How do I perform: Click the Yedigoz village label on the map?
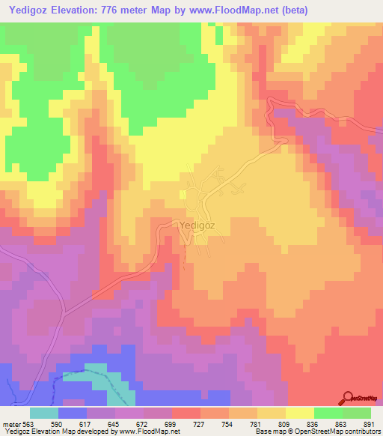[199, 224]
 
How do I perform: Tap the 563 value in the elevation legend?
[27, 423]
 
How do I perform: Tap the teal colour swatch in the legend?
[44, 413]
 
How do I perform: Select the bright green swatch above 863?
[328, 413]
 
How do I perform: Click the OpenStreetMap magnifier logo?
[349, 399]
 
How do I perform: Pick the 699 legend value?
[158, 423]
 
